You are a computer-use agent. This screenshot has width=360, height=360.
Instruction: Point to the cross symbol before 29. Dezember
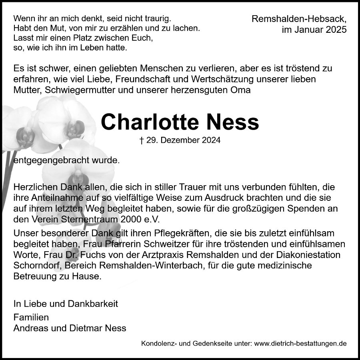pyautogui.click(x=142, y=140)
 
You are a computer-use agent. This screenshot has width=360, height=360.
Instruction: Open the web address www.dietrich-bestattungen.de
pyautogui.click(x=300, y=343)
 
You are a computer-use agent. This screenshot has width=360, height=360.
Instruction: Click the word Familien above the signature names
pyautogui.click(x=31, y=318)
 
